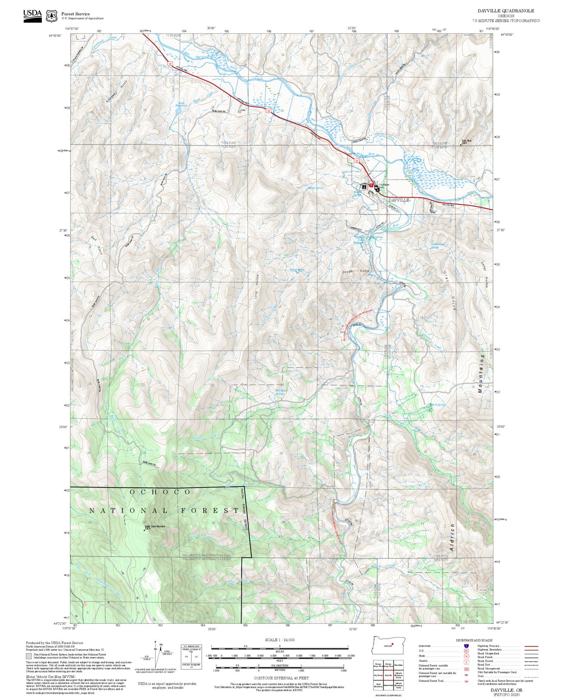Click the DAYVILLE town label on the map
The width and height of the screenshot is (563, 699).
(x=399, y=200)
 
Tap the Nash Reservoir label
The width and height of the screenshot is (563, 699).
(x=183, y=104)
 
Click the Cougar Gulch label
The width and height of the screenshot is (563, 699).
(x=355, y=271)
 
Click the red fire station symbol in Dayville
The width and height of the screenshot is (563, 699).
(x=371, y=185)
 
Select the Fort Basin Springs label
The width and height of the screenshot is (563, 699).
(x=279, y=392)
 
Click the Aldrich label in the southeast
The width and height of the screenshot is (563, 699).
(x=452, y=537)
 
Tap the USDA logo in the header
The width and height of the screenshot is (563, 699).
(x=32, y=16)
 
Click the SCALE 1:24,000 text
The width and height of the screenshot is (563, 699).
(x=279, y=640)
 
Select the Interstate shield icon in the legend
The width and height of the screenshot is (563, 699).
(x=466, y=646)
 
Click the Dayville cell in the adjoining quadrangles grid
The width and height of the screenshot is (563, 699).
(x=388, y=675)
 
